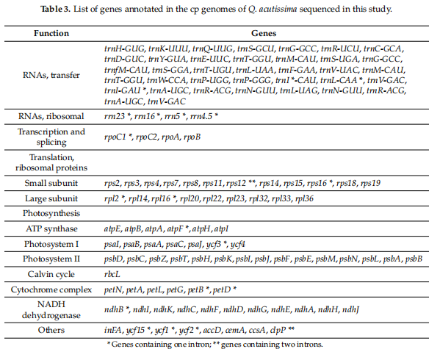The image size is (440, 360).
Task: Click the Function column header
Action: [x=51, y=33]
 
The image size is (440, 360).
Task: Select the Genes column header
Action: [x=264, y=33]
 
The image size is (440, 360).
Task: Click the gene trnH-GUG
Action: [x=124, y=48]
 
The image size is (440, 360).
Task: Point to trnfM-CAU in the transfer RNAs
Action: [x=126, y=70]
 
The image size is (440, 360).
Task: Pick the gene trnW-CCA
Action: [x=167, y=81]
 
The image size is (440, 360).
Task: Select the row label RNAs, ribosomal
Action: [x=51, y=116]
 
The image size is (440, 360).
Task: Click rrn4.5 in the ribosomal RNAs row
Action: [x=201, y=116]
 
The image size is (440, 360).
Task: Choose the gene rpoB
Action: [x=192, y=137]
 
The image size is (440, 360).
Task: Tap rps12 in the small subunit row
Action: [x=237, y=184]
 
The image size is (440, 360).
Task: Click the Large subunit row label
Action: [x=51, y=198]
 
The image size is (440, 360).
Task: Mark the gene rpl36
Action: [x=304, y=198]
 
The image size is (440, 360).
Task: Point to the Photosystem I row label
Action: [x=51, y=244]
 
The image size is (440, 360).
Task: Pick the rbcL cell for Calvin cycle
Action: [x=112, y=275]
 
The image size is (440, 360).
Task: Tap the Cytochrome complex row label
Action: [x=51, y=290]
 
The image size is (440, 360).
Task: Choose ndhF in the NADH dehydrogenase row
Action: [x=210, y=310]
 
